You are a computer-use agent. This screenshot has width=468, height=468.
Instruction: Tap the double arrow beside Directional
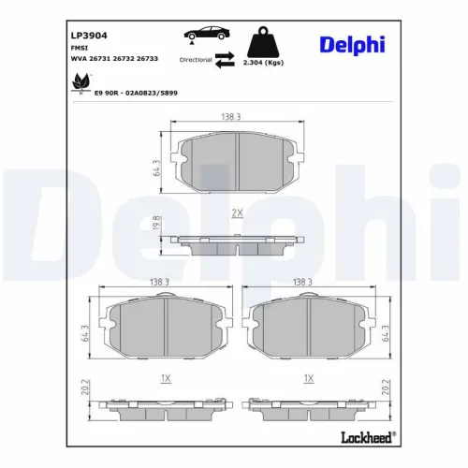click(x=224, y=59)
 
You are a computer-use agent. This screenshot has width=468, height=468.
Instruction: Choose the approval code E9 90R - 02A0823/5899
click(x=136, y=93)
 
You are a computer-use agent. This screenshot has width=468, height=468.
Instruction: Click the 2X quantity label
click(x=237, y=214)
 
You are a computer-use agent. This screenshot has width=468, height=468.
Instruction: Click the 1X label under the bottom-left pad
click(x=166, y=378)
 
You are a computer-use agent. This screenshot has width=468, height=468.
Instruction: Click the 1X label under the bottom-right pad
click(x=308, y=378)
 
